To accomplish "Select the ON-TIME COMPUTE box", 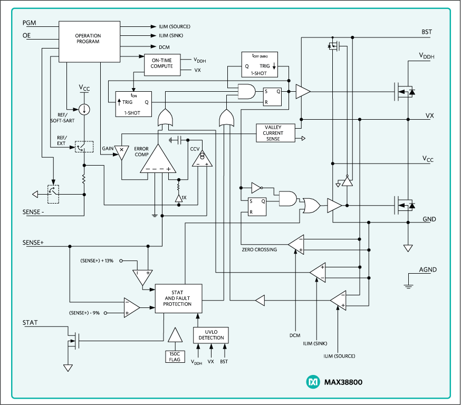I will click(161, 63).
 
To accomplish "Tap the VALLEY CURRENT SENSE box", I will click(273, 133).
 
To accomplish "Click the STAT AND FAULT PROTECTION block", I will click(178, 298).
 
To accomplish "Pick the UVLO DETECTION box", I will click(212, 334).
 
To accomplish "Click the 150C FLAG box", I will click(175, 356).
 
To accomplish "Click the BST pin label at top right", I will click(427, 32).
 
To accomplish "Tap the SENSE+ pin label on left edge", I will click(33, 243).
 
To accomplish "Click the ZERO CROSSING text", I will click(259, 249).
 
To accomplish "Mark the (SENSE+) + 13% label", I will click(98, 261).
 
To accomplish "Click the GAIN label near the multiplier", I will click(108, 149).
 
